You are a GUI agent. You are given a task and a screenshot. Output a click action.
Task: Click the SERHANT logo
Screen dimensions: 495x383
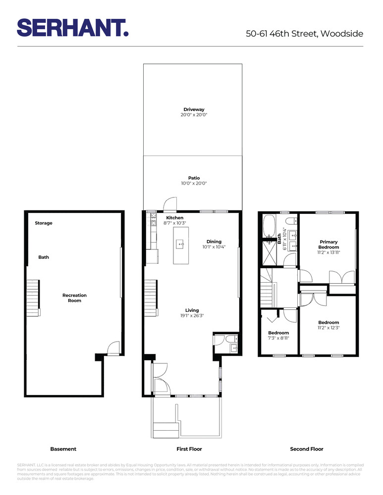[x=73, y=28]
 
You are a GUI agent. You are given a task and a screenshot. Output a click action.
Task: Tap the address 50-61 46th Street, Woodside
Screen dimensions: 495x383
[x=304, y=34]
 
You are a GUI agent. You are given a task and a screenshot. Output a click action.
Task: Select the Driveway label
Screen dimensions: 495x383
[x=194, y=109]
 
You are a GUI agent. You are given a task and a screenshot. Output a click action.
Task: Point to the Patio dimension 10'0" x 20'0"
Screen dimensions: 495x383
[x=194, y=183]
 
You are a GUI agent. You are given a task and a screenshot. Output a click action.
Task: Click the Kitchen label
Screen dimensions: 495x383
[x=174, y=218]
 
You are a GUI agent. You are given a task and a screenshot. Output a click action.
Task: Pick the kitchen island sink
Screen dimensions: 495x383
[x=181, y=244]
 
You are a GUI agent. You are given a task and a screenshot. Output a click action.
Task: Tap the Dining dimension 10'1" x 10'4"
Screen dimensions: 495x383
[x=214, y=247]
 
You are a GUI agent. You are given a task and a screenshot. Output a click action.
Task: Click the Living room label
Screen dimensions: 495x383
[x=192, y=310]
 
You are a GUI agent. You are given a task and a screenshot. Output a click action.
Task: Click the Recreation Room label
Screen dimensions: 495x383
[x=74, y=298]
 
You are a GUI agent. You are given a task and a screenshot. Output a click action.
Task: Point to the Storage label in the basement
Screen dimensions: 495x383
[x=44, y=223]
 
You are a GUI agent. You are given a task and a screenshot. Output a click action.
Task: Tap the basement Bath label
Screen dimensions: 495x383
[x=44, y=257]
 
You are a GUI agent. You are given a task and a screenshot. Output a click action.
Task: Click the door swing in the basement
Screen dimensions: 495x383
[x=113, y=348]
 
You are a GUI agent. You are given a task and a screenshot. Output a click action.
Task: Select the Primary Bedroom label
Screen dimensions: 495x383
[x=328, y=245]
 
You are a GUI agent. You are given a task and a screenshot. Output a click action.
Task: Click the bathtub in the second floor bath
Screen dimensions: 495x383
[x=271, y=225]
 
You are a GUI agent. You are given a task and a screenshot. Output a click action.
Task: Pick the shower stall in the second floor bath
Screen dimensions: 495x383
[x=271, y=253]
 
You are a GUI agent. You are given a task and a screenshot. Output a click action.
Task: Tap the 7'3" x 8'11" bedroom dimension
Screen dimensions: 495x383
[x=278, y=338]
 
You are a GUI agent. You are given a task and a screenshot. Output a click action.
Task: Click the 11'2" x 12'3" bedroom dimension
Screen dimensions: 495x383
[x=328, y=327]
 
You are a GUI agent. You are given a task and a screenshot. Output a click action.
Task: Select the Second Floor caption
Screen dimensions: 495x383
[x=306, y=449]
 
